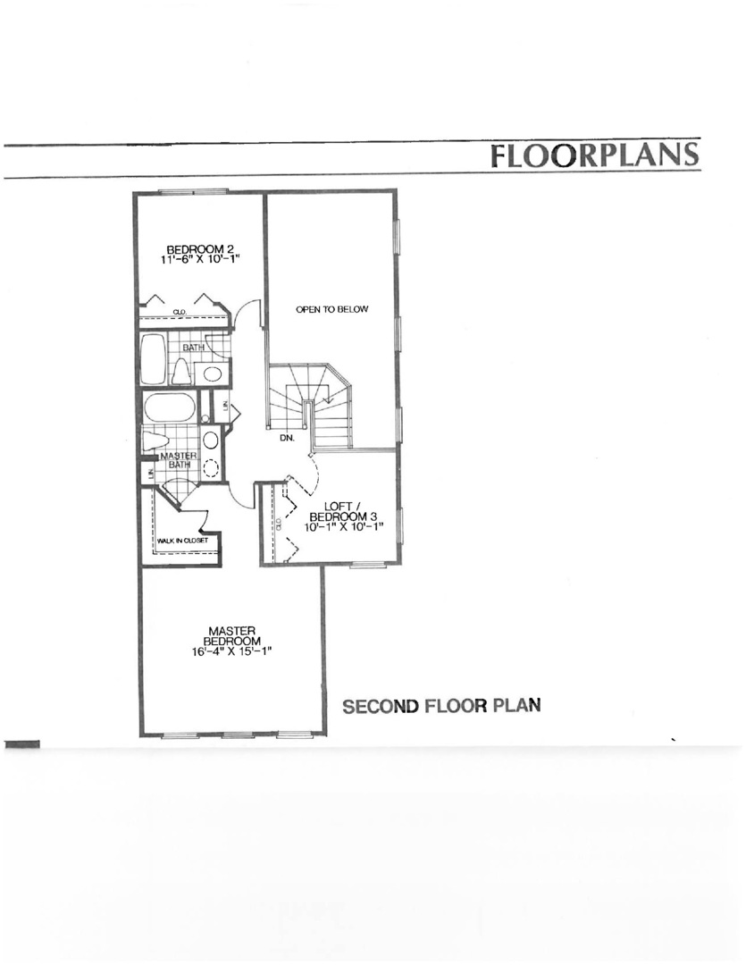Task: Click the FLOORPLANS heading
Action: tap(594, 155)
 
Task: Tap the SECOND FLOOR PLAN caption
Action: tap(442, 706)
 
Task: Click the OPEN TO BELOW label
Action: tap(331, 309)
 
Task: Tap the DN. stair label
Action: tap(287, 439)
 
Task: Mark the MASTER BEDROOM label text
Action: tap(231, 635)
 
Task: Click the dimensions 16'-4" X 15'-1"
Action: tap(231, 651)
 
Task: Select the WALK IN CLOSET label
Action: tap(182, 541)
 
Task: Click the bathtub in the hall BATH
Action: tap(154, 359)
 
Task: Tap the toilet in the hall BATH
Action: tap(182, 371)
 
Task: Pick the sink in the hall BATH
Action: tap(213, 373)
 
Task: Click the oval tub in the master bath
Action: tap(169, 408)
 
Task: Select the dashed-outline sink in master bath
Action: tap(211, 467)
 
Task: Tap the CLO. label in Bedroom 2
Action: tap(178, 313)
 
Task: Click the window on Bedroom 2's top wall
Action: tap(192, 190)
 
